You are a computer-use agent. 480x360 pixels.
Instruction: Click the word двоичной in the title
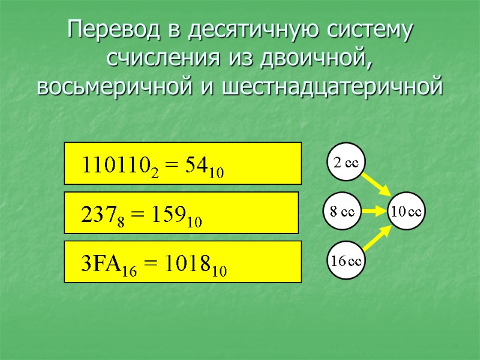click(316, 58)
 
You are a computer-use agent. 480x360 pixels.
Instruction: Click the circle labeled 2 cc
click(346, 163)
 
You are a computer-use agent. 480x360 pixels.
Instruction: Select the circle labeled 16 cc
click(347, 260)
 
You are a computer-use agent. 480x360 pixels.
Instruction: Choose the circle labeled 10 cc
click(407, 211)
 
